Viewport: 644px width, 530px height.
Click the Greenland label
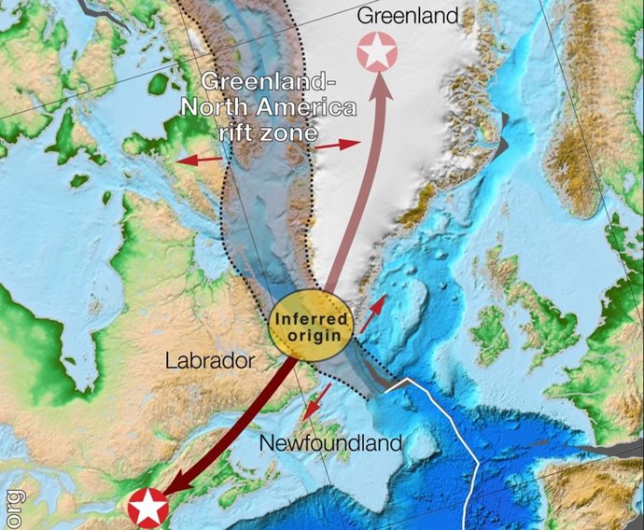409,16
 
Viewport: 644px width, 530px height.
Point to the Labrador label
209,360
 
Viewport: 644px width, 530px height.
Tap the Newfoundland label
330,441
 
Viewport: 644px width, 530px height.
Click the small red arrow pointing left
200,160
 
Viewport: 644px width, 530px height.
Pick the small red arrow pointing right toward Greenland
337,146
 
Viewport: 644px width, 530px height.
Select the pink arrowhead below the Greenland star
380,84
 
